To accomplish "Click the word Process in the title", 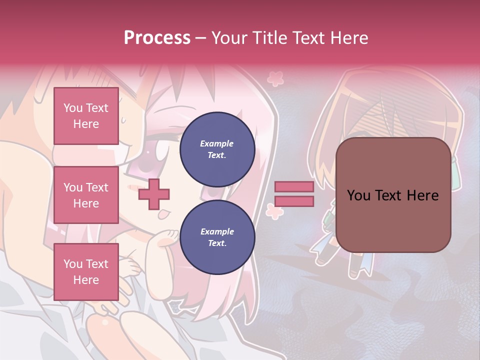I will coord(157,38).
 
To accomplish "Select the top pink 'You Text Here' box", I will coord(86,116).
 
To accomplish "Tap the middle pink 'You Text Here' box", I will coord(86,195).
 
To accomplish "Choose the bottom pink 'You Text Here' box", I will coord(86,271).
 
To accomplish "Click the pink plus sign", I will coord(154,193).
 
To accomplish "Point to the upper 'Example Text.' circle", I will coord(217,149).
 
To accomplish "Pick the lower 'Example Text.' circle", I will coord(217,237).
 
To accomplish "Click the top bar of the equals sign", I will coord(294,187).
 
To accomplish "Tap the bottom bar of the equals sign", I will coord(294,201).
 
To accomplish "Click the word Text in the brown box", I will coord(393,195).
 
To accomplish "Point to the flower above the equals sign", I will coord(275,78).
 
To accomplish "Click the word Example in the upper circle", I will coord(217,143).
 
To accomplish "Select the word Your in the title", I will coord(229,38).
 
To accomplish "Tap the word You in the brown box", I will coord(358,195).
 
